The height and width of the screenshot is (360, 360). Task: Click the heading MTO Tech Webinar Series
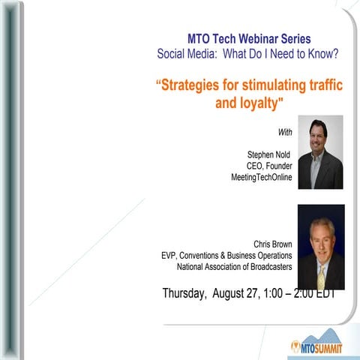(248, 38)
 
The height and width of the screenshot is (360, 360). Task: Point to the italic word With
(285, 133)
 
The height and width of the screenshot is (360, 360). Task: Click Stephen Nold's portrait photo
(320, 152)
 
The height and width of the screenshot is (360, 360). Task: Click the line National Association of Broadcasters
(234, 266)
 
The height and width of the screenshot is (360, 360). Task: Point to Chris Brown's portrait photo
(320, 247)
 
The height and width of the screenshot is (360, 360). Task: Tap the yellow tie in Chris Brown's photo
(321, 277)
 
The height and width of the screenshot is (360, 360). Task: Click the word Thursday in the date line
(184, 293)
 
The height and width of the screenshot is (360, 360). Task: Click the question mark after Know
(336, 53)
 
